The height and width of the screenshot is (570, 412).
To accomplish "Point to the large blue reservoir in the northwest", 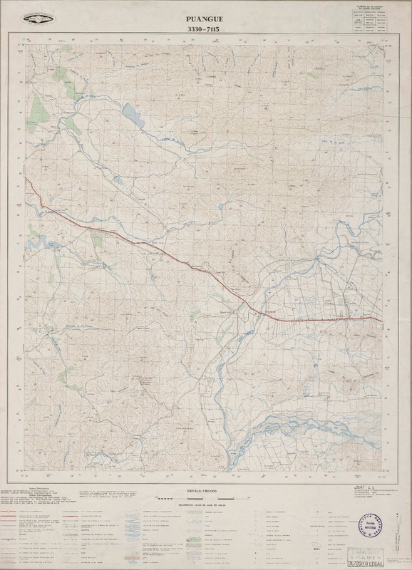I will click(132, 112).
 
